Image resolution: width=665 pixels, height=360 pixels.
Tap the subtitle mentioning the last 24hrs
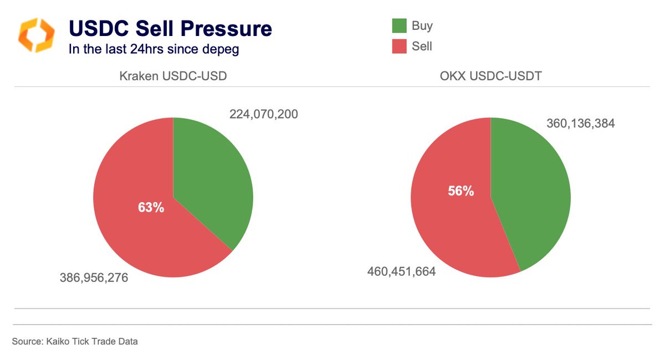154,49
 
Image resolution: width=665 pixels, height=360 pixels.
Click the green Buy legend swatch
399,25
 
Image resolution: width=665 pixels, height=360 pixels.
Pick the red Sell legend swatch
399,47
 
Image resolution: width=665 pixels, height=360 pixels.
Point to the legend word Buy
422,25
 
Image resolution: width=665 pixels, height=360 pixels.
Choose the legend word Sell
422,47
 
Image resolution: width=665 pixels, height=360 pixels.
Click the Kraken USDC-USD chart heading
173,76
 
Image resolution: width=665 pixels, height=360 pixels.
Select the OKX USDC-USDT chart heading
490,76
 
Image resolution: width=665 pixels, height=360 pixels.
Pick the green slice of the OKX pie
532,199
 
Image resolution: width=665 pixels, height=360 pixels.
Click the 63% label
151,208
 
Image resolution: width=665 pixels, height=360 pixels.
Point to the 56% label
461,191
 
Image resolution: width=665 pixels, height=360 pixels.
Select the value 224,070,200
264,115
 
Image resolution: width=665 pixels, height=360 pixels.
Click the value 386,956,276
94,277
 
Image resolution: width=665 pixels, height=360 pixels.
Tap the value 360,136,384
581,124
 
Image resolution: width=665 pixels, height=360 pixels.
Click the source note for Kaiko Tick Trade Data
75,342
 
